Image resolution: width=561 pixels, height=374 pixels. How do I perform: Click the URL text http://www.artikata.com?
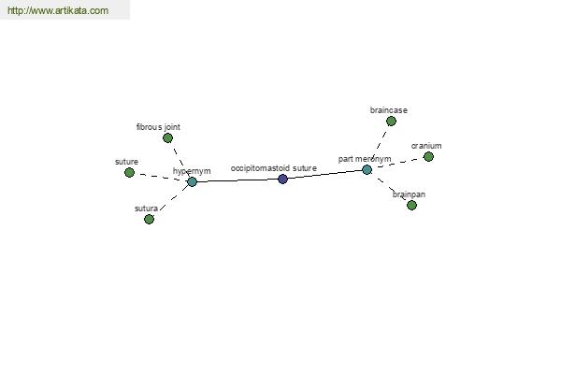point(58,11)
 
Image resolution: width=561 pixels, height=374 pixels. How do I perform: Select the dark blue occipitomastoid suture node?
point(282,179)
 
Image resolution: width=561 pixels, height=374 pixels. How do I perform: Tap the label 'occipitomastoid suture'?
point(274,168)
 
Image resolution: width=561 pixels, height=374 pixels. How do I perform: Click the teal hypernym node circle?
point(192,181)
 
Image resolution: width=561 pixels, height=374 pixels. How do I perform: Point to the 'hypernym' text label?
point(192,171)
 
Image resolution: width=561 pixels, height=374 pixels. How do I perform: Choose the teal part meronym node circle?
point(367,169)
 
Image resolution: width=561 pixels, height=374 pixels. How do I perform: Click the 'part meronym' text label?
point(365,159)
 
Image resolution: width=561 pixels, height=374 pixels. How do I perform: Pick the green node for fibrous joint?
point(167,137)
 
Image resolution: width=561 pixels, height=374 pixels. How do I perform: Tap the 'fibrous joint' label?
point(158,126)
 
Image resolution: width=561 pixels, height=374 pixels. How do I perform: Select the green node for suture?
point(129,172)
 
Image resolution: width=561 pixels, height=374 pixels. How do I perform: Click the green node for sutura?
point(149,219)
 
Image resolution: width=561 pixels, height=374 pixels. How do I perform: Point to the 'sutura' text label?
point(146,208)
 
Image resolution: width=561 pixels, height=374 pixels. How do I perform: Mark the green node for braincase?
point(391,121)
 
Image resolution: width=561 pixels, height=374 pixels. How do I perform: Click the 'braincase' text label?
point(389,110)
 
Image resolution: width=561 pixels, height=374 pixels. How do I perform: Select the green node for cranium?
point(428,156)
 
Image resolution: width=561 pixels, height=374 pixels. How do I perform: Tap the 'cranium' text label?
point(426,146)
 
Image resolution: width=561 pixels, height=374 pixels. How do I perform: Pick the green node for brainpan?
point(411,205)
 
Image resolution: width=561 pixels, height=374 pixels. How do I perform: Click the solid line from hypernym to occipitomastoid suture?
point(237,180)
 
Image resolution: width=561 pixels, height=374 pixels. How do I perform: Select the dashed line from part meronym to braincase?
point(379,145)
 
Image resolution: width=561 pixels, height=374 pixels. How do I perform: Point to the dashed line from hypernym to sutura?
point(170,200)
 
